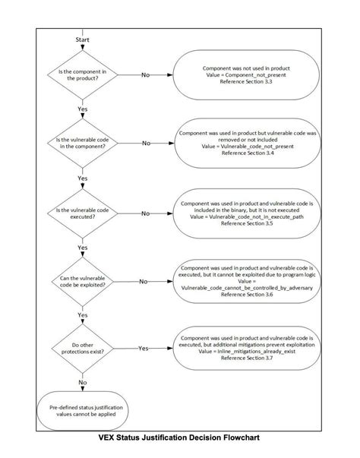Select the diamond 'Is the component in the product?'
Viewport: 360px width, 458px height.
(x=82, y=74)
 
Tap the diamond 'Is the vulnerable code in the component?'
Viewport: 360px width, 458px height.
(x=82, y=143)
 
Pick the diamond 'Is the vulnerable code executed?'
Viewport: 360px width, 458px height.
(x=82, y=212)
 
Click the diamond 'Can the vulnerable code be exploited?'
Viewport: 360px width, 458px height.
(x=82, y=281)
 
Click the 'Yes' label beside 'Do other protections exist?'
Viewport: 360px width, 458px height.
(x=143, y=348)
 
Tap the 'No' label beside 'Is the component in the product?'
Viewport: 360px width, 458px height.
(x=146, y=74)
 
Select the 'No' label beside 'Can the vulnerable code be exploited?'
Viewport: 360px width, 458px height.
(x=143, y=281)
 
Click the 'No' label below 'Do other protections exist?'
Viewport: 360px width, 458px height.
(x=82, y=382)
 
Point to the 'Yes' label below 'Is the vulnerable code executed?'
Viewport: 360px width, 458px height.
(x=82, y=247)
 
